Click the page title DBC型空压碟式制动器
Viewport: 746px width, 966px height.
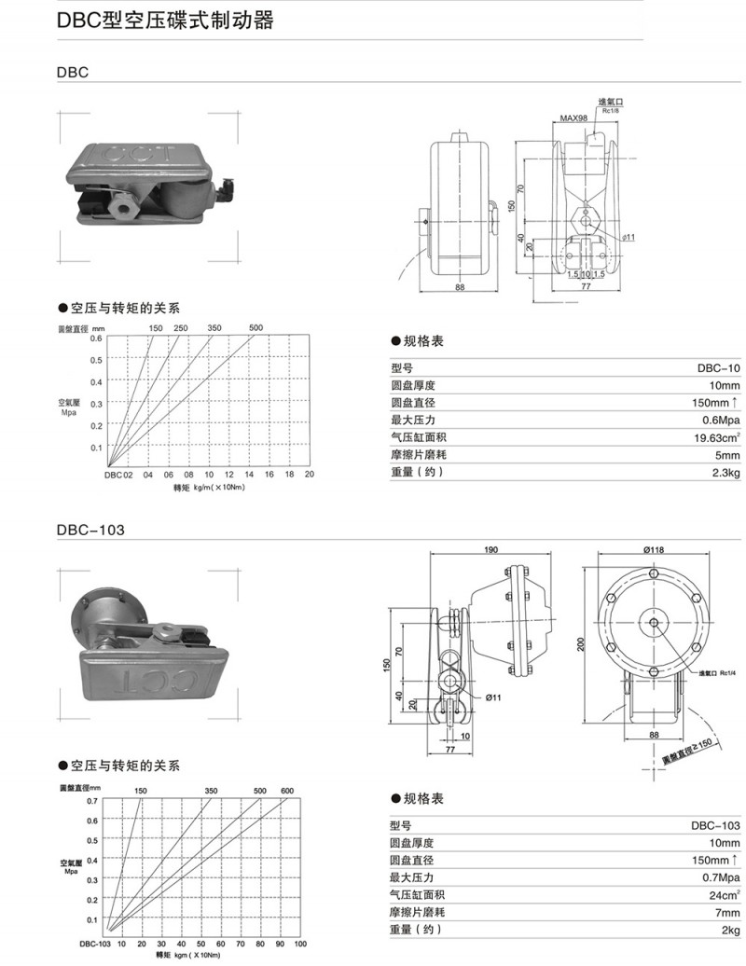(166, 21)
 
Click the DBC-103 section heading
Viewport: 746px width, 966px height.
(90, 530)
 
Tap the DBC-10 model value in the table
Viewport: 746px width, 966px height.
(718, 367)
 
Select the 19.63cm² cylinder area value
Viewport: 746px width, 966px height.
(716, 437)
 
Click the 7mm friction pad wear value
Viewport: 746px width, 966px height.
(726, 912)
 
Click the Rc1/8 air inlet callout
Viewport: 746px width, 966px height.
(612, 111)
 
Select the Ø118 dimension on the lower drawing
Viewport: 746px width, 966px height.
(654, 550)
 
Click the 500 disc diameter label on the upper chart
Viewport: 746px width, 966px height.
(256, 327)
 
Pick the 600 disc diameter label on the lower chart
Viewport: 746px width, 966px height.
(286, 791)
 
